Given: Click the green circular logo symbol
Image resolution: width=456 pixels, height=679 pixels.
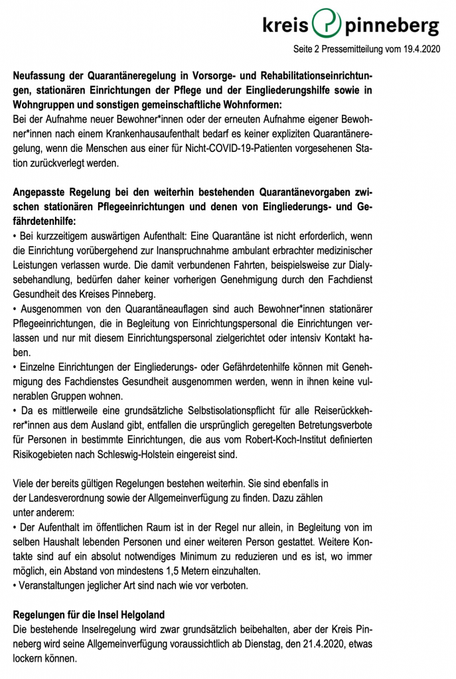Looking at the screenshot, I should tap(326, 25).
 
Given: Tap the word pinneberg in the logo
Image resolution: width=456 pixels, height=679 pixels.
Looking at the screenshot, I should tap(390, 26).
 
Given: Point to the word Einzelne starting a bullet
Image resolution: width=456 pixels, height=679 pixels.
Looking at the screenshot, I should tap(39, 367).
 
